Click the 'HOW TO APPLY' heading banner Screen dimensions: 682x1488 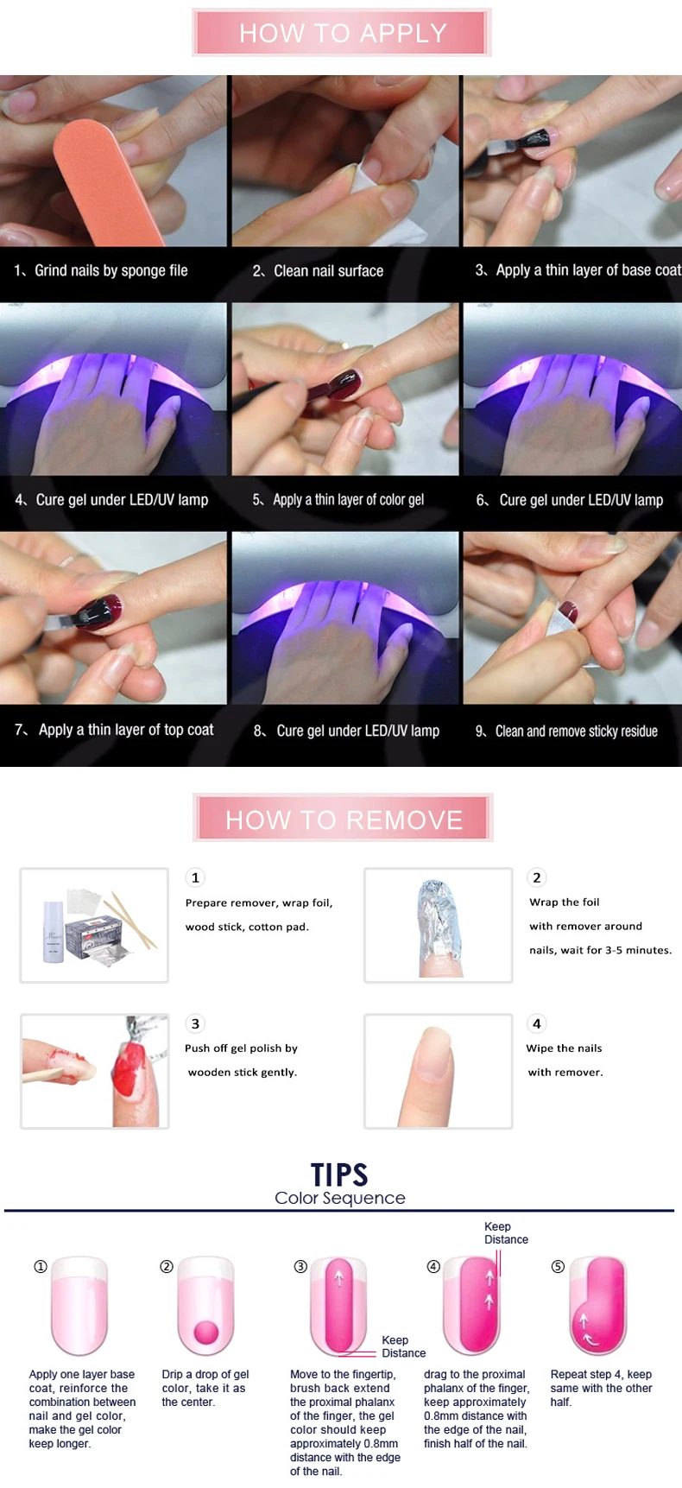pyautogui.click(x=342, y=33)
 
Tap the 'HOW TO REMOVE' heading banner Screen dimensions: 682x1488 pyautogui.click(x=343, y=818)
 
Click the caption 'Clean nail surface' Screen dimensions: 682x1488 pyautogui.click(x=328, y=271)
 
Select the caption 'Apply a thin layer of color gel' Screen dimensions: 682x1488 pyautogui.click(x=348, y=500)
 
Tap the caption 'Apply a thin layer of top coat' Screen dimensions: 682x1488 pyautogui.click(x=126, y=731)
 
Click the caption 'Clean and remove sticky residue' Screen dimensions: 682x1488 pyautogui.click(x=576, y=731)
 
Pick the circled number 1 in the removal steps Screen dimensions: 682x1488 pyautogui.click(x=195, y=877)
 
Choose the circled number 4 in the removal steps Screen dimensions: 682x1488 pyautogui.click(x=537, y=1023)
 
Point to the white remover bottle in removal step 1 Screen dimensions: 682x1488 pyautogui.click(x=54, y=932)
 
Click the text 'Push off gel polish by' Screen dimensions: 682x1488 pyautogui.click(x=241, y=1048)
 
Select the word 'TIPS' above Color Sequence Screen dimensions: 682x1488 pyautogui.click(x=339, y=1175)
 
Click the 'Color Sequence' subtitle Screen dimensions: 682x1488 pyautogui.click(x=339, y=1198)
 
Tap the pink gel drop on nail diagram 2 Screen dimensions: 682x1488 pyautogui.click(x=206, y=1332)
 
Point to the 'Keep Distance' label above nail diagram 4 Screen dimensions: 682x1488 pyautogui.click(x=506, y=1233)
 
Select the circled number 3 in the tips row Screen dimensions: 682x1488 pyautogui.click(x=300, y=1267)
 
